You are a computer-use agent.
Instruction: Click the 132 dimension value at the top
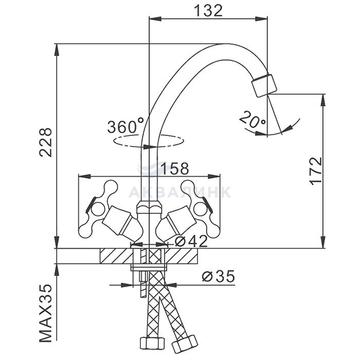click(208, 10)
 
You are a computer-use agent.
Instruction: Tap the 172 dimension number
click(316, 171)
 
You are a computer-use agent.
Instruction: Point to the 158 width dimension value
click(174, 168)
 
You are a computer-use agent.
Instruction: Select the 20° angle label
click(253, 122)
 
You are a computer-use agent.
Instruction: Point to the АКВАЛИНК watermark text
click(179, 192)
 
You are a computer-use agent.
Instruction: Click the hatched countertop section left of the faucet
click(116, 255)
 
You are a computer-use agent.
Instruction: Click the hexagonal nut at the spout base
click(148, 208)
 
